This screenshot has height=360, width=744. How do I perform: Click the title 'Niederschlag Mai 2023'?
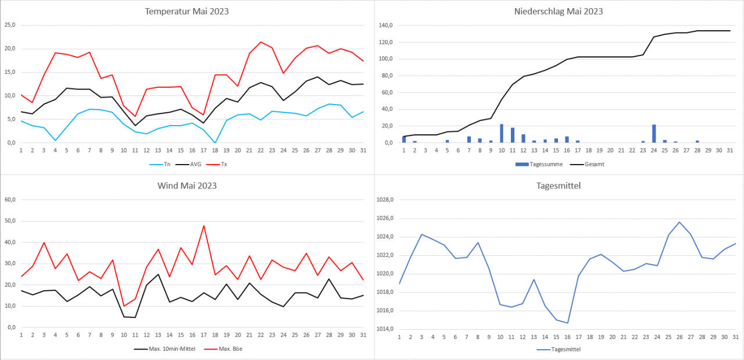click(559, 11)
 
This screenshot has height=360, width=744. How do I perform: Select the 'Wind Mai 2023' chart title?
click(187, 186)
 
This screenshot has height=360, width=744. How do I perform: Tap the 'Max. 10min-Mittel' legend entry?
click(163, 349)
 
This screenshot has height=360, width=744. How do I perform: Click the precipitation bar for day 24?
click(654, 134)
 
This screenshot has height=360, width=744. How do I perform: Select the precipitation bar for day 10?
click(502, 133)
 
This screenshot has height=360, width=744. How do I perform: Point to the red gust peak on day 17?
click(204, 226)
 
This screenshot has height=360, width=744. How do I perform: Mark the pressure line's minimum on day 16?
click(567, 323)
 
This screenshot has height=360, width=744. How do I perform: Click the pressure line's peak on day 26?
click(679, 222)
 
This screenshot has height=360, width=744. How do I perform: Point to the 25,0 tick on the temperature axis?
click(10, 25)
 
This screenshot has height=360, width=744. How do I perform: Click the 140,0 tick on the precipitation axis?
click(385, 25)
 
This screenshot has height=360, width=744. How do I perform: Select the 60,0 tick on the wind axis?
click(10, 199)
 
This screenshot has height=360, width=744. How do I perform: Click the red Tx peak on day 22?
click(261, 42)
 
